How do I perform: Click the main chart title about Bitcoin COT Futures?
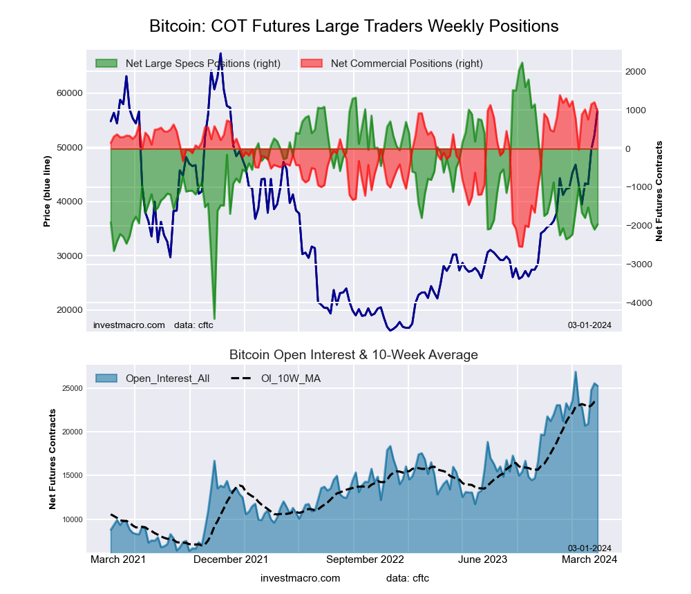click(x=354, y=26)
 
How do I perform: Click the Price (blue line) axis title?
click(x=47, y=191)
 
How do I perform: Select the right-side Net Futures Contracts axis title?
click(x=659, y=191)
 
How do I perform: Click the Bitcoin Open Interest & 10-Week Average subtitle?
click(x=354, y=355)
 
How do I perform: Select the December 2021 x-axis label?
click(x=231, y=559)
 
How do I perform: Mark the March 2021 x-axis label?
click(x=118, y=559)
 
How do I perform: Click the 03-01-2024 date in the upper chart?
click(x=589, y=325)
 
